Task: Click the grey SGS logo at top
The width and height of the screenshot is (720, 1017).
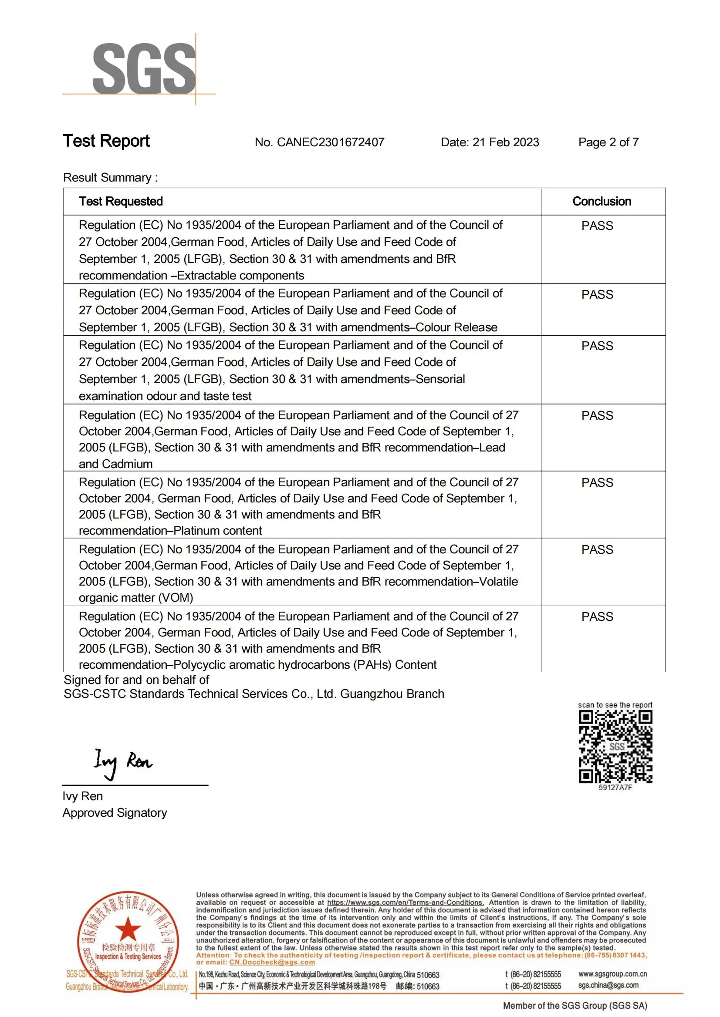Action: pyautogui.click(x=144, y=69)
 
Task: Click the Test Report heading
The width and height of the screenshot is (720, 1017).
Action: pyautogui.click(x=106, y=141)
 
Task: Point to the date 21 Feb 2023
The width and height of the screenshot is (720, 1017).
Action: pyautogui.click(x=505, y=142)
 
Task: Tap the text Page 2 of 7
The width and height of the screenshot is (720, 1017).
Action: pyautogui.click(x=608, y=142)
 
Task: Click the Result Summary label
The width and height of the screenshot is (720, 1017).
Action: pyautogui.click(x=110, y=178)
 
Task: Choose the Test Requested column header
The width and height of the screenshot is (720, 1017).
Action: pyautogui.click(x=121, y=202)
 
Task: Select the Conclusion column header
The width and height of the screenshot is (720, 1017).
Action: pyautogui.click(x=602, y=202)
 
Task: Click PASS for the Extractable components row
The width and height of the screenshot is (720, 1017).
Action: pyautogui.click(x=597, y=226)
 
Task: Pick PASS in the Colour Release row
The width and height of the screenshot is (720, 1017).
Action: pyautogui.click(x=597, y=295)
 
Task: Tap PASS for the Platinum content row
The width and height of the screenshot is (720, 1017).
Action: pyautogui.click(x=597, y=482)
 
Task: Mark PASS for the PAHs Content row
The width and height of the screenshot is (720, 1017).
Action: pyautogui.click(x=597, y=617)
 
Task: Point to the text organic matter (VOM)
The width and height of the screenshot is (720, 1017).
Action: pyautogui.click(x=135, y=598)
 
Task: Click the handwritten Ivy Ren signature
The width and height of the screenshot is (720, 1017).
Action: pyautogui.click(x=123, y=762)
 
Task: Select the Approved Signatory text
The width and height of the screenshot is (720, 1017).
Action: pyautogui.click(x=115, y=813)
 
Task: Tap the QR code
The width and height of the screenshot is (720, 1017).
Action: pyautogui.click(x=615, y=747)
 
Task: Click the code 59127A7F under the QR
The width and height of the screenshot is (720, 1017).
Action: pyautogui.click(x=615, y=788)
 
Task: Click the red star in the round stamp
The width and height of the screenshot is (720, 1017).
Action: pyautogui.click(x=128, y=928)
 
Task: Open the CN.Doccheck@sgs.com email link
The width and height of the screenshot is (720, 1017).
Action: pyautogui.click(x=272, y=962)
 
